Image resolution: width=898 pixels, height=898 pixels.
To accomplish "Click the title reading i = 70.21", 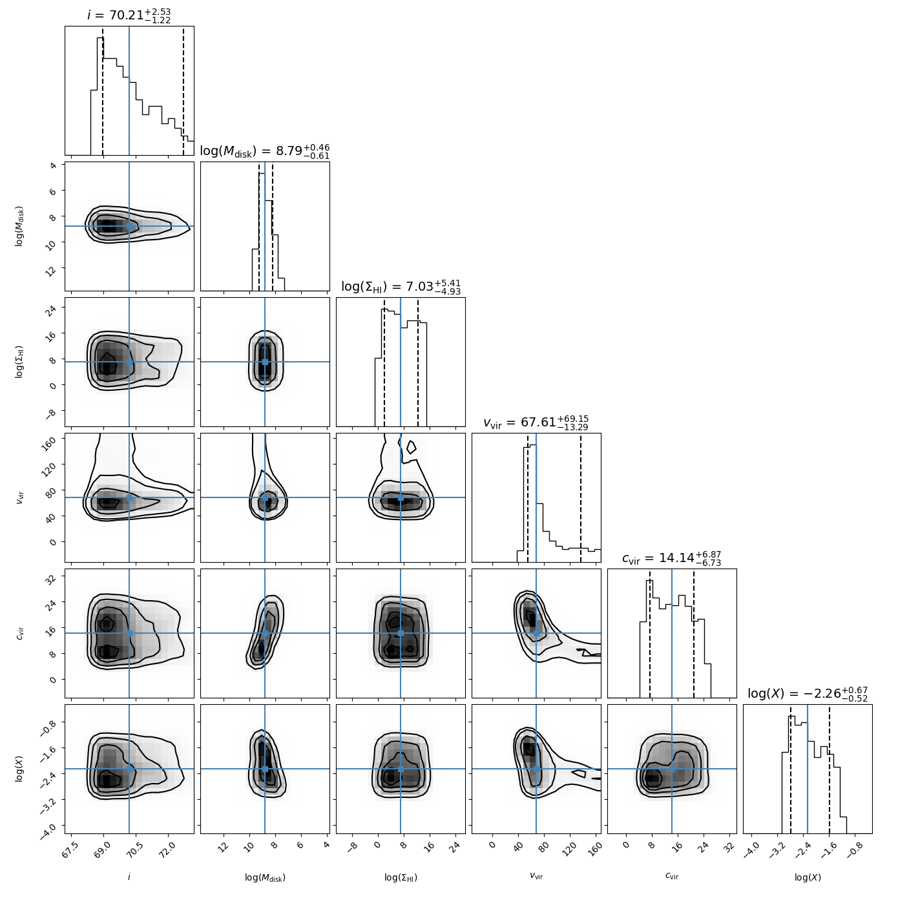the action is pos(129,15).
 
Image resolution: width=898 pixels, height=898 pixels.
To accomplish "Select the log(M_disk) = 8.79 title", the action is pos(265,151).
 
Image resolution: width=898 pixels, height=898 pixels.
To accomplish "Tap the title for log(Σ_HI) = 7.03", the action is pos(401,287).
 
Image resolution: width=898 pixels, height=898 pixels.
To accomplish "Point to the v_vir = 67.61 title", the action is pos(536,423).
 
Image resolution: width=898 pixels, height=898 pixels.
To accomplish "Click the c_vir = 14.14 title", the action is pos(671,558).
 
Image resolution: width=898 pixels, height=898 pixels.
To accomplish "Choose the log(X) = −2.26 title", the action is pos(808,693).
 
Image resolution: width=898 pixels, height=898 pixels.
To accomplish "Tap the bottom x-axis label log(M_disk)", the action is pos(265,877).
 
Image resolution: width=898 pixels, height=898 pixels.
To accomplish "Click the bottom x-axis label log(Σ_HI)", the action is pos(401,877).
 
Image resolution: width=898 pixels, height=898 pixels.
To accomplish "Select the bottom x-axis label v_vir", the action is pos(536,876).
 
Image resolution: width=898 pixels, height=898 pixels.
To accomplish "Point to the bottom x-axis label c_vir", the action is pos(671,876).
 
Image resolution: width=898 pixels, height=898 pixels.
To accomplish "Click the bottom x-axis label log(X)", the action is pos(808,877).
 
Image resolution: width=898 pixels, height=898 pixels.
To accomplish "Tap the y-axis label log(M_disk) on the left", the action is pos(19,226).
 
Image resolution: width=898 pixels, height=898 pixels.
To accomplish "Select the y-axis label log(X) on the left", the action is pos(19,769).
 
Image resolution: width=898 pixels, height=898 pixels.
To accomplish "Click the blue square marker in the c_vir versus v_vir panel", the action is pos(536,633).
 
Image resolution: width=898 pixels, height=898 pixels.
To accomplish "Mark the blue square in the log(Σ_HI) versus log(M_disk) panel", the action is pos(265,362).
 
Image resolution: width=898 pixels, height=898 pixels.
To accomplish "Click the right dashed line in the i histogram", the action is pos(183,91).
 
